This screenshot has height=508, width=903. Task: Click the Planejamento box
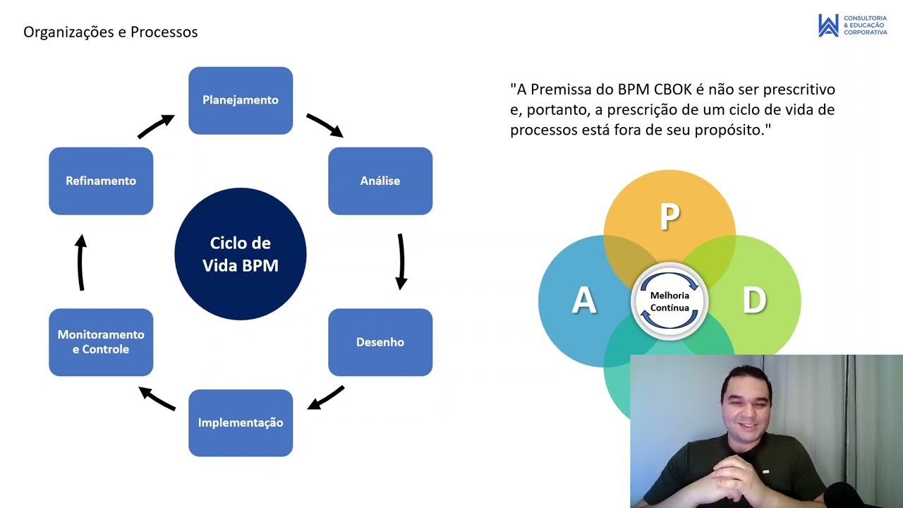point(241,100)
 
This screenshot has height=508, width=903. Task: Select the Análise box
point(380,181)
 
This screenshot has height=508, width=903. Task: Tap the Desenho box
point(380,342)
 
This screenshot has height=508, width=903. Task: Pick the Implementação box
point(241,423)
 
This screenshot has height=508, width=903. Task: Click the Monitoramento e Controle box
point(101,342)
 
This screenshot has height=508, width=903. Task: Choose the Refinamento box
point(101,181)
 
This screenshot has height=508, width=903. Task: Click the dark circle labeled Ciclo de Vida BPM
point(241,254)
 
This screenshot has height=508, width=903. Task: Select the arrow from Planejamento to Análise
point(325,125)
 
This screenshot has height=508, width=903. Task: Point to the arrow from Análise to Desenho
point(401,262)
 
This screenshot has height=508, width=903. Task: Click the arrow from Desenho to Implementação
point(326,398)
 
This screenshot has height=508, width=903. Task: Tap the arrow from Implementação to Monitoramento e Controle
point(157,398)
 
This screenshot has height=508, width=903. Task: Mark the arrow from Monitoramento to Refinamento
point(81,262)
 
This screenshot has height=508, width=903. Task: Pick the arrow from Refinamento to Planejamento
point(156,126)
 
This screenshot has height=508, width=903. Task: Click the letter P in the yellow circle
point(669,218)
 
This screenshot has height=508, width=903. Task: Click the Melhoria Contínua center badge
point(669,301)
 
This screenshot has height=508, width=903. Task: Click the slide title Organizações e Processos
point(111,32)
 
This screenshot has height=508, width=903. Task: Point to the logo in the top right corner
point(852,25)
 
